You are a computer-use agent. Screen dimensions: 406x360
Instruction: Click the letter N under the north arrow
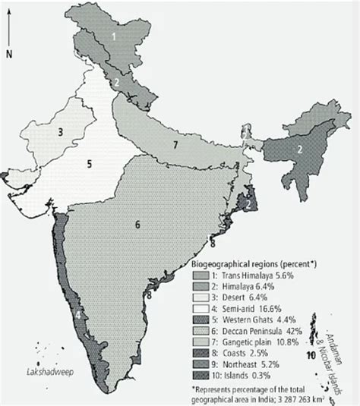coord(10,53)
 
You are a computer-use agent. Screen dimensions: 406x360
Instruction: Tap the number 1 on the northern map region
coord(114,36)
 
